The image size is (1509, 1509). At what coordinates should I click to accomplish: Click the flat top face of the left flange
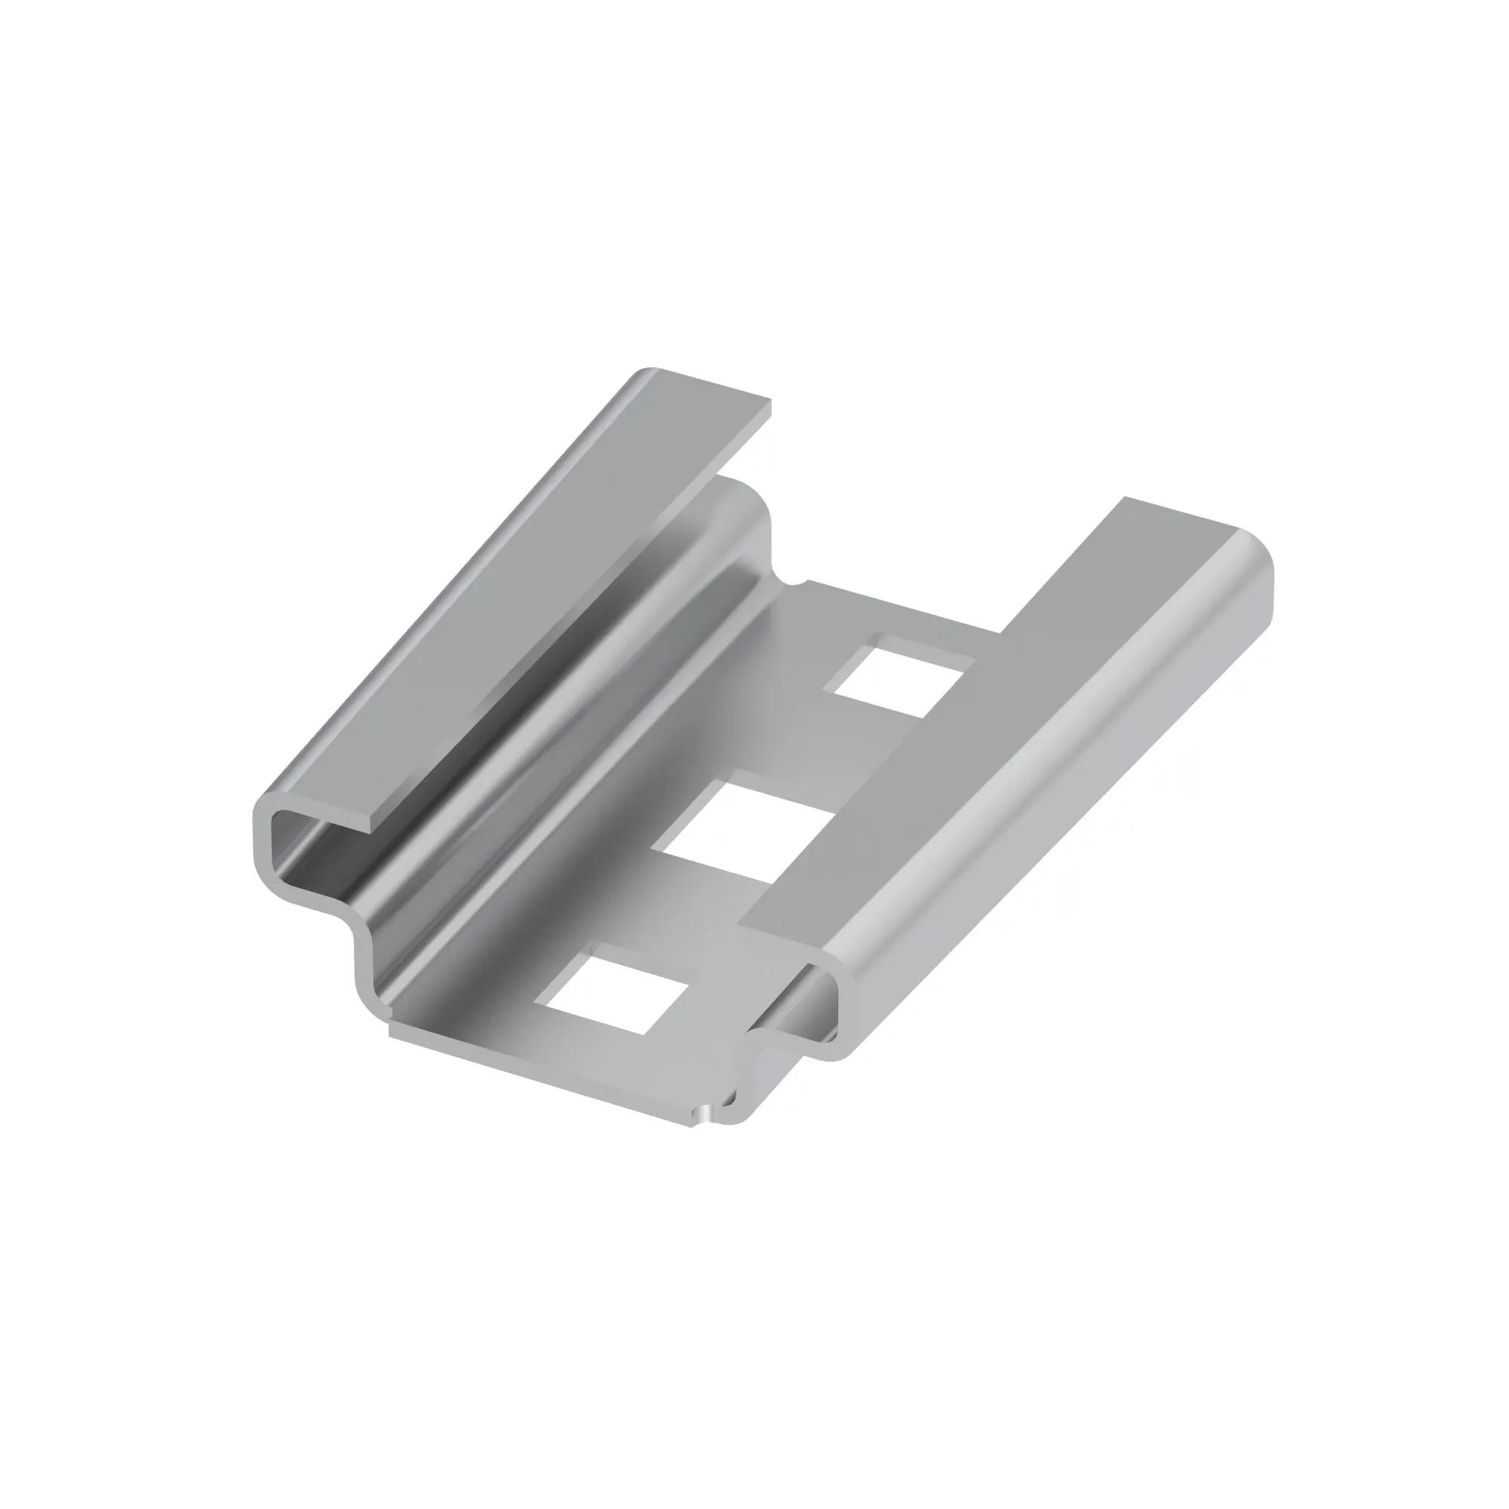(547, 594)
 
